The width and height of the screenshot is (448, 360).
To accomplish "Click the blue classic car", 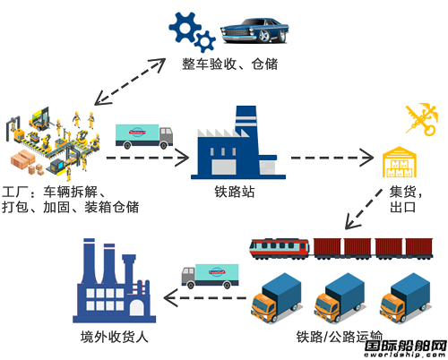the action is [x=254, y=30].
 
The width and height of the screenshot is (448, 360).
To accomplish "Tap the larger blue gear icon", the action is [x=185, y=27].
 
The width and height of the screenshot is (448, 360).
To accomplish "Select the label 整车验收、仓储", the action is [x=230, y=64].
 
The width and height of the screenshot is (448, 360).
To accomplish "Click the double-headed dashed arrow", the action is [x=130, y=81].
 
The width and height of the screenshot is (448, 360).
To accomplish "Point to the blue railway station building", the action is [x=238, y=142].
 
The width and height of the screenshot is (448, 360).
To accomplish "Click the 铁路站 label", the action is [x=235, y=192].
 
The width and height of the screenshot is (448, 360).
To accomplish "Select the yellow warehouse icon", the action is [x=400, y=162].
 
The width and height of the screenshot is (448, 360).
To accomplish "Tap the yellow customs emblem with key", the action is [x=422, y=119].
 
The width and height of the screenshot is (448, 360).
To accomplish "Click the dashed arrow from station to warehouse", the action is [x=332, y=158].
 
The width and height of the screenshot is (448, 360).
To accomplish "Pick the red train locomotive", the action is [x=280, y=249].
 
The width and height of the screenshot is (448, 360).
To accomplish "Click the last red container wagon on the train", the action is [x=418, y=248].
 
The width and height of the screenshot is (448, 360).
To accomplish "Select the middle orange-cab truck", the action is [x=340, y=298].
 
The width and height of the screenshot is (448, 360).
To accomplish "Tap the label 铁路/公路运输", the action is [x=340, y=337].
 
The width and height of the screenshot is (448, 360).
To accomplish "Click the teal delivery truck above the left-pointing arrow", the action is [x=211, y=276].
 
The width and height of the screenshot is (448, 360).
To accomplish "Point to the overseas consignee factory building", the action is [x=114, y=280].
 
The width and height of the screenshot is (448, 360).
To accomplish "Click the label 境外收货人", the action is [x=114, y=337].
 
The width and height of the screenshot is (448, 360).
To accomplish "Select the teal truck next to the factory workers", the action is [x=144, y=136].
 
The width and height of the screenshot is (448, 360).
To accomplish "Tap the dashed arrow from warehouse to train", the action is [x=364, y=209].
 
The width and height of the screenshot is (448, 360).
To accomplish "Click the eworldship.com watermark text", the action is [x=406, y=355].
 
